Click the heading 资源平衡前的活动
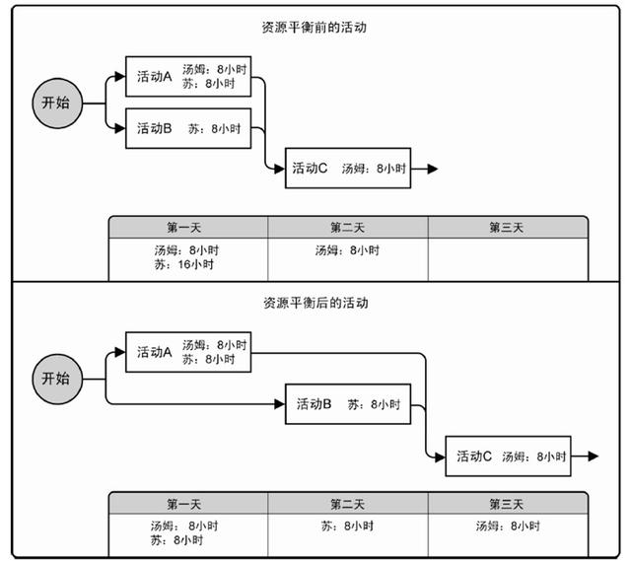(x=314, y=28)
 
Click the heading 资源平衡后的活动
(x=315, y=303)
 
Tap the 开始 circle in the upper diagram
(x=57, y=104)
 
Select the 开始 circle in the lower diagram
(x=57, y=380)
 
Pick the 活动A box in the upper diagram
(x=188, y=77)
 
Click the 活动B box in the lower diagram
(x=348, y=404)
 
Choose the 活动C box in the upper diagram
(x=348, y=169)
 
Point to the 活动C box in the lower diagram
(x=509, y=456)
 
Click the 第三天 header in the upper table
(x=508, y=228)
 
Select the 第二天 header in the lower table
(x=348, y=504)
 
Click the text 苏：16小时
(x=184, y=264)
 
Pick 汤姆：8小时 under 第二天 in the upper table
(x=347, y=250)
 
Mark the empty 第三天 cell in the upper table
(x=508, y=259)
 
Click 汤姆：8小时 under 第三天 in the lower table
(x=508, y=526)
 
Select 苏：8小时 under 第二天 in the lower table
(x=347, y=526)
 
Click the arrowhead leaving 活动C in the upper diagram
(x=433, y=169)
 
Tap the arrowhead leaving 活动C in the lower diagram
(x=594, y=456)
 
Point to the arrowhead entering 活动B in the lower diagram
(x=280, y=404)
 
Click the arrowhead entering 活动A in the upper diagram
(x=120, y=77)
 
